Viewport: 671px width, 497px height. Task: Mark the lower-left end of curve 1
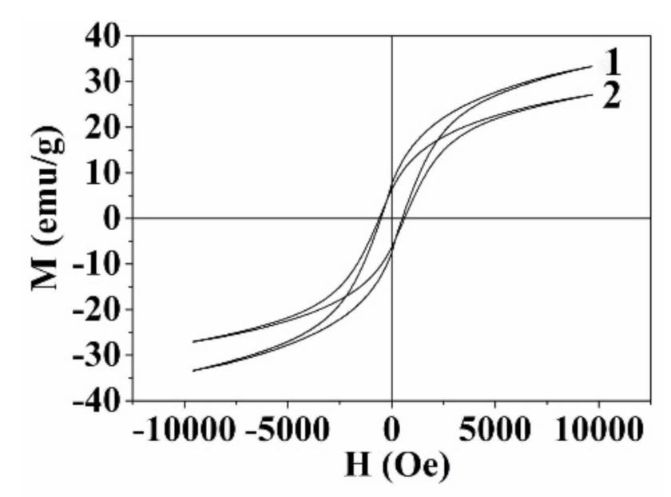pyautogui.click(x=193, y=371)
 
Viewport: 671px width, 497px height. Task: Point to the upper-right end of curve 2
pyautogui.click(x=591, y=94)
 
